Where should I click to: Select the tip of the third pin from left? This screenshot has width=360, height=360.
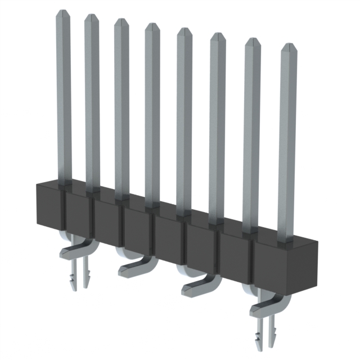tap(121, 21)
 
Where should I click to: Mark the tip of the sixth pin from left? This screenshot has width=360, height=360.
tap(217, 36)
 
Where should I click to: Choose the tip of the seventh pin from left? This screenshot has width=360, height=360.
tap(252, 41)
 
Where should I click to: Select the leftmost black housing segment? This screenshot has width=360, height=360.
tap(50, 205)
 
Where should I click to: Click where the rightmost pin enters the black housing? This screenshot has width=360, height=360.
tap(286, 238)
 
